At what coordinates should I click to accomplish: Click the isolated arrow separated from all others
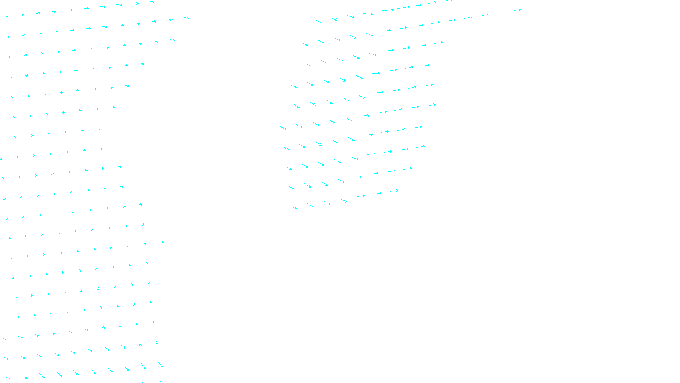(516, 10)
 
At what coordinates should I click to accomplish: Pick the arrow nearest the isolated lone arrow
(484, 15)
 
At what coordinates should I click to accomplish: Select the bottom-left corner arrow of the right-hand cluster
(294, 208)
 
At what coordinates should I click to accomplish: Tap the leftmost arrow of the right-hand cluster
(283, 128)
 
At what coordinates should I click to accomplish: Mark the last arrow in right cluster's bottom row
(394, 191)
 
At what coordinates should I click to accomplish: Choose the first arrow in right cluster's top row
(318, 21)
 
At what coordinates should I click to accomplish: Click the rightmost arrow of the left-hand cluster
(186, 18)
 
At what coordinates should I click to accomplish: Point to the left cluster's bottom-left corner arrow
(8, 378)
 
